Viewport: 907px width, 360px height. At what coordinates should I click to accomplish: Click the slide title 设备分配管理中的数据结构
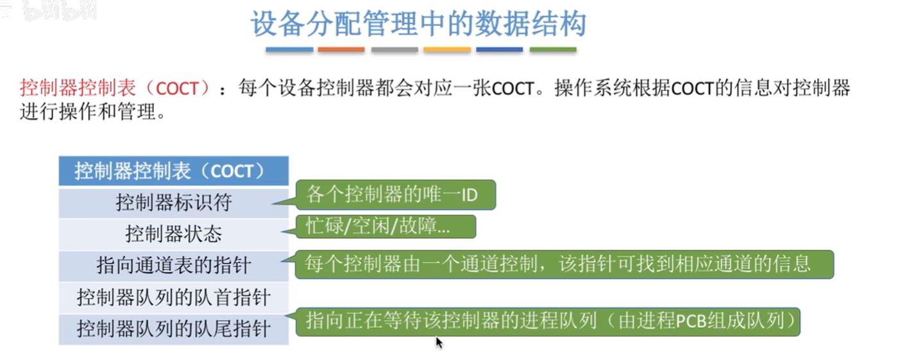[x=418, y=24]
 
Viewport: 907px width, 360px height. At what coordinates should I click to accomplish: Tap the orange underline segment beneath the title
[x=341, y=50]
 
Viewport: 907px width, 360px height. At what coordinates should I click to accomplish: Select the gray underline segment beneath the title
[x=394, y=50]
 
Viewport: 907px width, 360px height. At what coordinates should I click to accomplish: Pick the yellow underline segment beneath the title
[x=447, y=50]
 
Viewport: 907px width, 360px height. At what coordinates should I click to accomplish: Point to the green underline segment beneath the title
[x=553, y=50]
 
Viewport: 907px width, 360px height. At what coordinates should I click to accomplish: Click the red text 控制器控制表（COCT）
[x=115, y=88]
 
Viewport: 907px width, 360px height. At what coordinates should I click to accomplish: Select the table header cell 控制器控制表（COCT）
[x=174, y=171]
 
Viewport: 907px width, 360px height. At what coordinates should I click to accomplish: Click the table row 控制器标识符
[x=174, y=203]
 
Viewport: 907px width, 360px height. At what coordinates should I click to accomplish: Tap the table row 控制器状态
[x=174, y=234]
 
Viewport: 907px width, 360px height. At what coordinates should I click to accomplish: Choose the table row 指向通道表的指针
[x=174, y=266]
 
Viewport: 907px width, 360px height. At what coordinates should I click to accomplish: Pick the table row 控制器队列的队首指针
[x=174, y=298]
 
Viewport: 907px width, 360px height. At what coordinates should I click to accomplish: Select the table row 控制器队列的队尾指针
[x=174, y=329]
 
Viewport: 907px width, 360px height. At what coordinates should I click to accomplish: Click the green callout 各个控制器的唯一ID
[x=396, y=195]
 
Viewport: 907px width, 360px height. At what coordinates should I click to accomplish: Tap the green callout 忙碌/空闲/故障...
[x=386, y=227]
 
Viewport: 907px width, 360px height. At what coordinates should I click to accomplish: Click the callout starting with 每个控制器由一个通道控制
[x=564, y=264]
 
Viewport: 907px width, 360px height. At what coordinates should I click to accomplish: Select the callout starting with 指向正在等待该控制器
[x=548, y=321]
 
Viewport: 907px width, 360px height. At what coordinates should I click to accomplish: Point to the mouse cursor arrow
[x=439, y=343]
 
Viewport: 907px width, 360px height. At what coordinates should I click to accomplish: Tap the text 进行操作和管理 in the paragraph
[x=88, y=112]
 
